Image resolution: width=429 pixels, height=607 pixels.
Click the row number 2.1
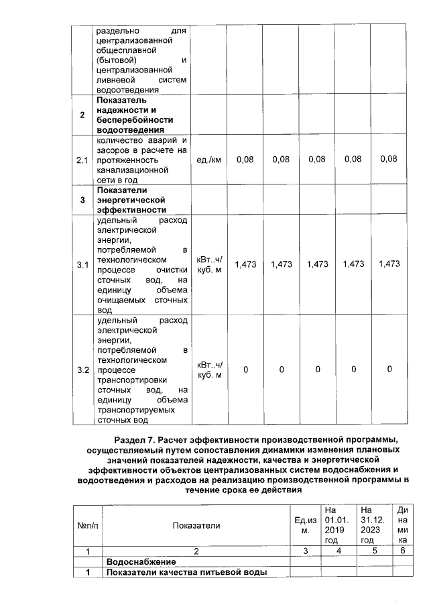pos(82,160)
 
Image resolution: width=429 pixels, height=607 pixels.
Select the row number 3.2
pos(82,370)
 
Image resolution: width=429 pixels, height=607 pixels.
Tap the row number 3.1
pos(82,264)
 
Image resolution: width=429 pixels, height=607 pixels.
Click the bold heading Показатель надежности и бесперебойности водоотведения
pos(131,115)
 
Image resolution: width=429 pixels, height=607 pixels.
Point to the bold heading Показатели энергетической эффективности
pos(131,200)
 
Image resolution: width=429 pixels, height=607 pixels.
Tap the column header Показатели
pos(196,525)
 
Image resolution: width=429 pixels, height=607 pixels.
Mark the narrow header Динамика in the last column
pos(402,525)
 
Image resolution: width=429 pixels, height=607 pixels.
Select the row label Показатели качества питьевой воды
pos(185,572)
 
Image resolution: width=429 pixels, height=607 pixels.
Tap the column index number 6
pos(402,551)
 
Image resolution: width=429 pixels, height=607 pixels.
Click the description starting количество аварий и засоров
pos(141,160)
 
